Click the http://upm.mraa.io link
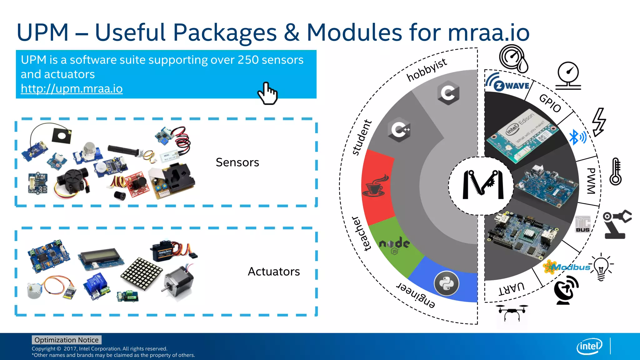(72, 89)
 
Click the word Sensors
(237, 162)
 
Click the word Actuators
(274, 272)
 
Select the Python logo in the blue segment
(447, 283)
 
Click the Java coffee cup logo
(375, 186)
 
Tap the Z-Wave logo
(507, 83)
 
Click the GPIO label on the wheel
(550, 103)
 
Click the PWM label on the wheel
(591, 181)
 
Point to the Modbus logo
(566, 267)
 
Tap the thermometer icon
(616, 172)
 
